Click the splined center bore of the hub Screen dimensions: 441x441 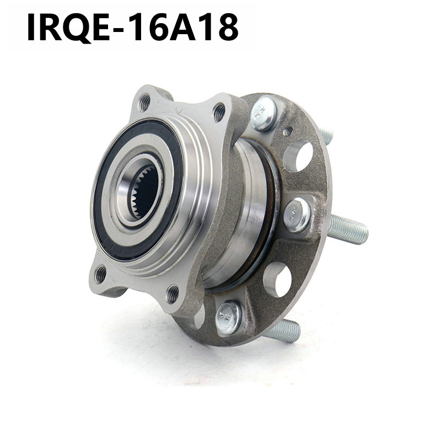point(143,191)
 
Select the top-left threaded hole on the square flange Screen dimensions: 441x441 point(144,103)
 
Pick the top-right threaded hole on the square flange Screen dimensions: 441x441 point(219,112)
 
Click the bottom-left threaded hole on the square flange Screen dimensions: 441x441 point(100,275)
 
